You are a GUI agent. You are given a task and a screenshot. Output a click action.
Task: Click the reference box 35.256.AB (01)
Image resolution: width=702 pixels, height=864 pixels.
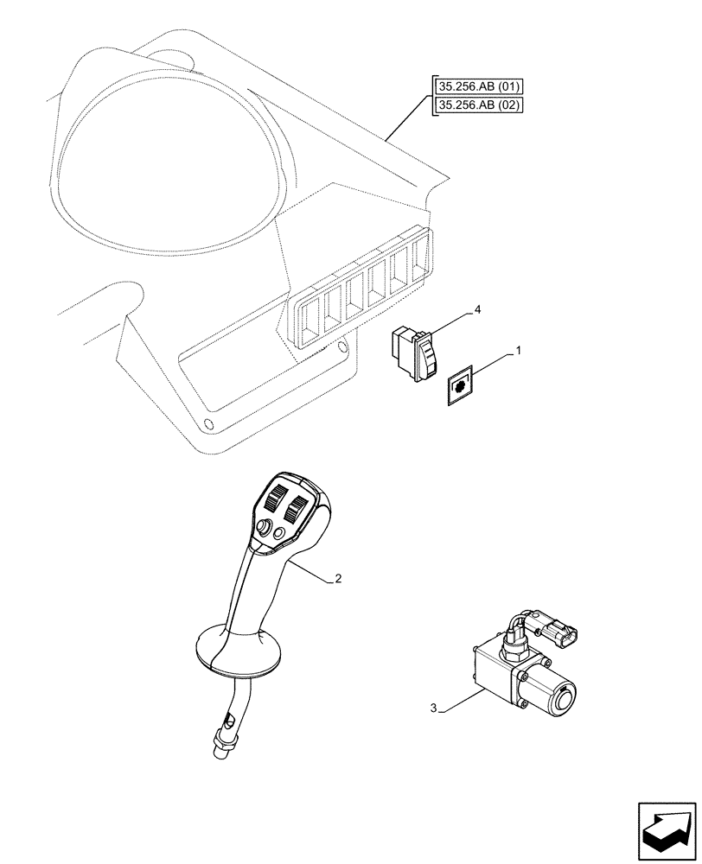(x=481, y=86)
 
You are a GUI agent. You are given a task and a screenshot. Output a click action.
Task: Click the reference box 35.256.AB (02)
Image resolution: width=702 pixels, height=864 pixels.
(x=481, y=105)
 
